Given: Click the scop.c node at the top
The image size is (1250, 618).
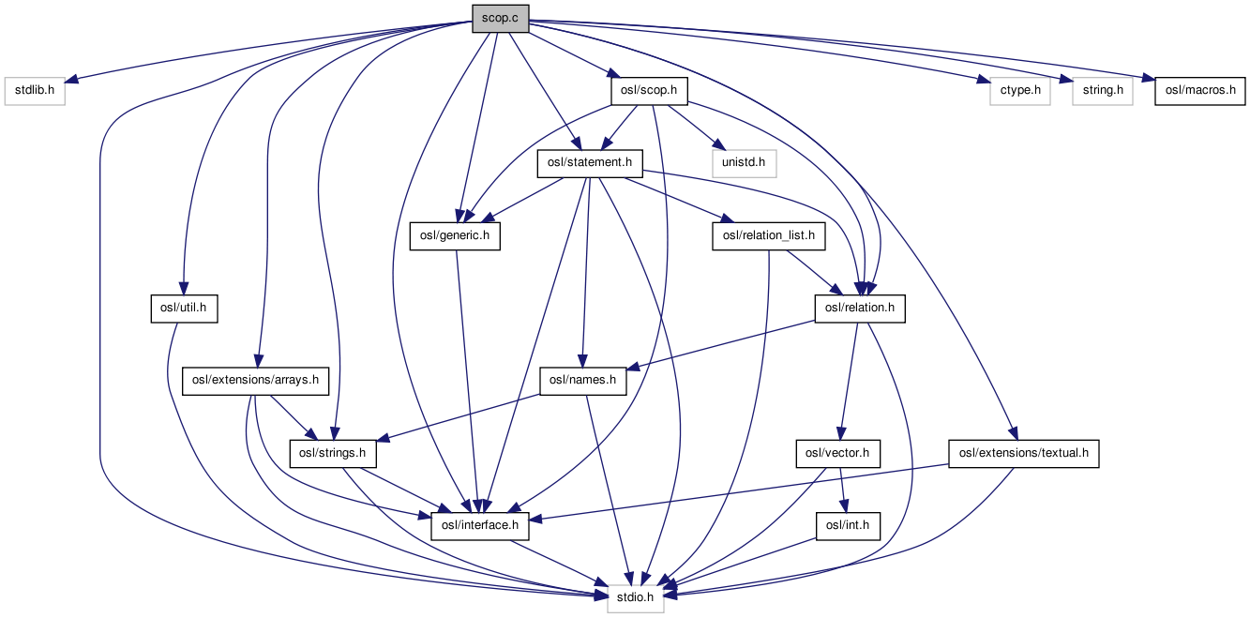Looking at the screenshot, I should (500, 18).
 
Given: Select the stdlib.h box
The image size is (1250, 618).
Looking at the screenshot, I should (35, 91).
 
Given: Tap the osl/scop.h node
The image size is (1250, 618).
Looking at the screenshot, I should (649, 91).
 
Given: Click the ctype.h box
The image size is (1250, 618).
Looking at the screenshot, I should (1019, 91).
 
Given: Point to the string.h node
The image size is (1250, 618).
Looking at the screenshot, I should (1103, 91).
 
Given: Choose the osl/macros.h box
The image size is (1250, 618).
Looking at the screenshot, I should (1200, 91).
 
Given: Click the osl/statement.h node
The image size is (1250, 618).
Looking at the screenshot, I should (589, 163).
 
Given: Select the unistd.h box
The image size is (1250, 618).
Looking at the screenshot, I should (744, 163).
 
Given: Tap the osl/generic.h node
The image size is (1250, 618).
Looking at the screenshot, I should (455, 236).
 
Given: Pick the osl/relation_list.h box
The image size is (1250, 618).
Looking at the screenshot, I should (770, 236).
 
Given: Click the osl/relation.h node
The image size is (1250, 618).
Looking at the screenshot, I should (860, 309).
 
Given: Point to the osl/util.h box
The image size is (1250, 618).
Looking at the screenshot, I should (184, 309).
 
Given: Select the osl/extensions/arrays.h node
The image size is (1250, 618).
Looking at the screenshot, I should (256, 381).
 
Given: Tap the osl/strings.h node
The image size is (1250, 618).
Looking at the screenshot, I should (337, 454).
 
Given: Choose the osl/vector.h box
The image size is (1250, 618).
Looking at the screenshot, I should (838, 454).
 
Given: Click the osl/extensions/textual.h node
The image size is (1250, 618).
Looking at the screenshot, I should (1023, 454).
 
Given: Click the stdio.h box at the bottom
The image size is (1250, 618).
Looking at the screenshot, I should (636, 598).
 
